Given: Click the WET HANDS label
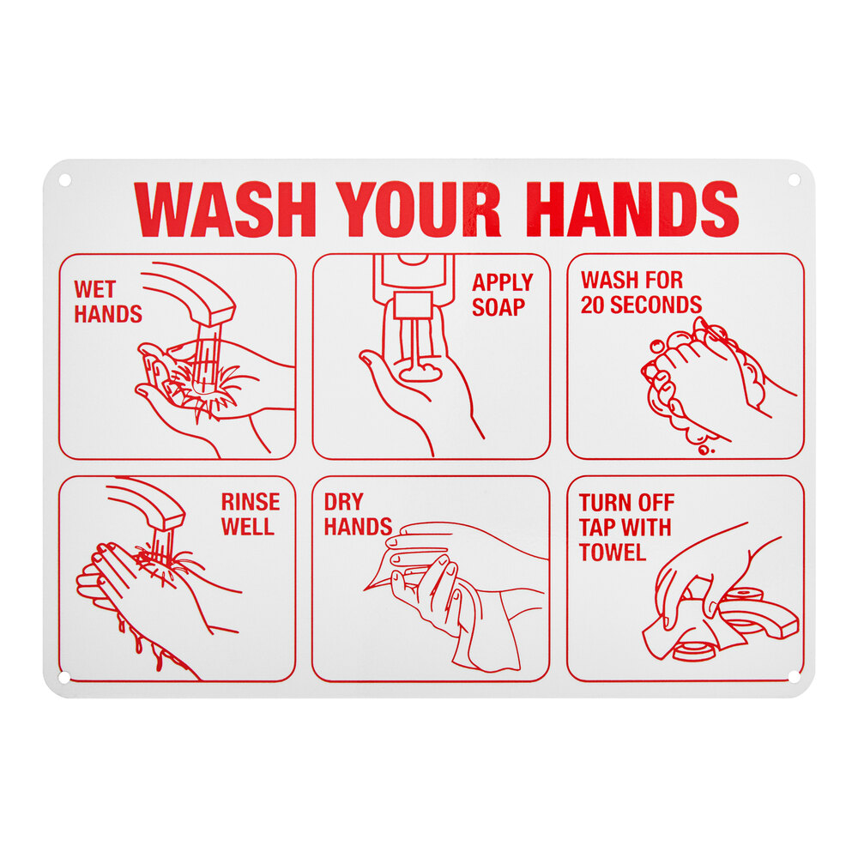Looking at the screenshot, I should click(107, 302).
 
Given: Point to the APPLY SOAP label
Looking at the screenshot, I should click(503, 294).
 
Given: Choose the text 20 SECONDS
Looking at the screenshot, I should click(641, 305).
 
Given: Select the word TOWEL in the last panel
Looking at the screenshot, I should click(612, 553).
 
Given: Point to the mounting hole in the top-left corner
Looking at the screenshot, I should click(64, 180).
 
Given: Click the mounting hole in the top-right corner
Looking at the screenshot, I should click(793, 180).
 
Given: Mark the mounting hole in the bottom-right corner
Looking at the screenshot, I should click(793, 677).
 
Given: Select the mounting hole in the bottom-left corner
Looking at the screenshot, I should click(64, 677).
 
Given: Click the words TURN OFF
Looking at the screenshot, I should click(626, 503).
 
